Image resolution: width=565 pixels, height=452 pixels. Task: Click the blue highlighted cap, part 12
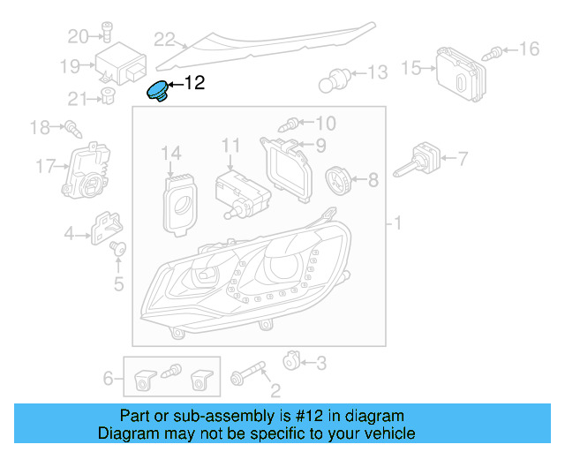tap(157, 92)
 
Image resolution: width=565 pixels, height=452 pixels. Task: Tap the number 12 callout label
tap(193, 83)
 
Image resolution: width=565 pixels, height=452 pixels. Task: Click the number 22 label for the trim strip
tap(164, 39)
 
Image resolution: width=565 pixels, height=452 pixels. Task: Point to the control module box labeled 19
tap(122, 63)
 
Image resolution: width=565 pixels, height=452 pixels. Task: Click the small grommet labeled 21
tap(108, 95)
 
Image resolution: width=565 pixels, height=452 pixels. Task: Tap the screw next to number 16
tap(498, 53)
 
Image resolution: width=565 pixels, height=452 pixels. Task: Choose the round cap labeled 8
tap(337, 180)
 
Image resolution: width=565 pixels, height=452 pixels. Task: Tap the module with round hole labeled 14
tap(183, 201)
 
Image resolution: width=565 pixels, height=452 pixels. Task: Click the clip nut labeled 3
tap(289, 359)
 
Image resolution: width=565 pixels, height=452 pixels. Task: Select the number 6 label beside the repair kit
tap(109, 379)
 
